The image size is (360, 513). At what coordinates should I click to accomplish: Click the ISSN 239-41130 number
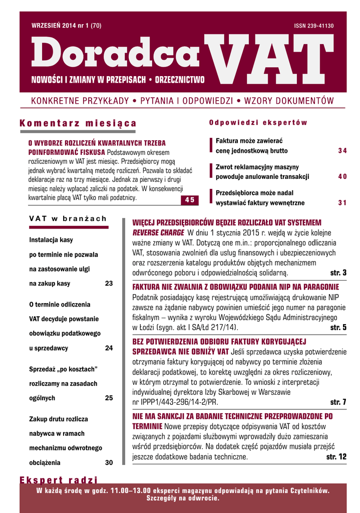[314, 26]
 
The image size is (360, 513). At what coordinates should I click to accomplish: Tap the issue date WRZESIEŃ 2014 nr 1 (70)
[66, 26]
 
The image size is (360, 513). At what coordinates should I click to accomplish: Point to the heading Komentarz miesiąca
[78, 123]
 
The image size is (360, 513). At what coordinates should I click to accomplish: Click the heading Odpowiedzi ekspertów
[258, 123]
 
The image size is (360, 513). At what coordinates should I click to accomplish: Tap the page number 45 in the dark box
[190, 200]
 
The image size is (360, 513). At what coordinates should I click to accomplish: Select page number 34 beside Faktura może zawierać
[342, 151]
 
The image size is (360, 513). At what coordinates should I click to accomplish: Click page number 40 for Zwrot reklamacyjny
[342, 177]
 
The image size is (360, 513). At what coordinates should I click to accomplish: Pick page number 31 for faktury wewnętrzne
[342, 203]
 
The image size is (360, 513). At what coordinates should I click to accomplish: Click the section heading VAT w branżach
[68, 218]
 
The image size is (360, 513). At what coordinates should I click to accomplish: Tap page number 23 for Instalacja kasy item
[109, 284]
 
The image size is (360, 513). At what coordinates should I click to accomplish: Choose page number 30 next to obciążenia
[109, 462]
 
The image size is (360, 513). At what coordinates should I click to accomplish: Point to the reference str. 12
[336, 457]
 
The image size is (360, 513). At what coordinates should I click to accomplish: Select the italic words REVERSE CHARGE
[159, 233]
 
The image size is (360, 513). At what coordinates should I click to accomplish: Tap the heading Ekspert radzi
[59, 479]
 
